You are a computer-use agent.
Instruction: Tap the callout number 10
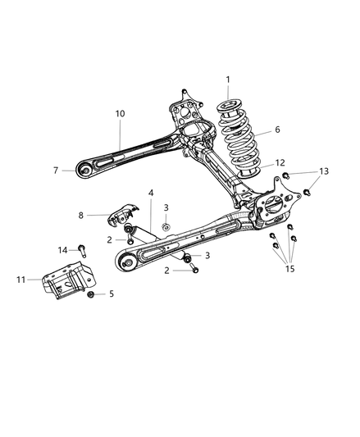coord(120,113)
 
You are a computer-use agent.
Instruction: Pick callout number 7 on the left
coord(56,171)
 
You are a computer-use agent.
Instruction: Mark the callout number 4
coord(151,193)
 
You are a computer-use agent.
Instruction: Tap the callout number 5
coord(112,294)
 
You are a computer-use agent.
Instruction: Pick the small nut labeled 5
coord(92,294)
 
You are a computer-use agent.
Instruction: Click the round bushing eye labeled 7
coord(84,171)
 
